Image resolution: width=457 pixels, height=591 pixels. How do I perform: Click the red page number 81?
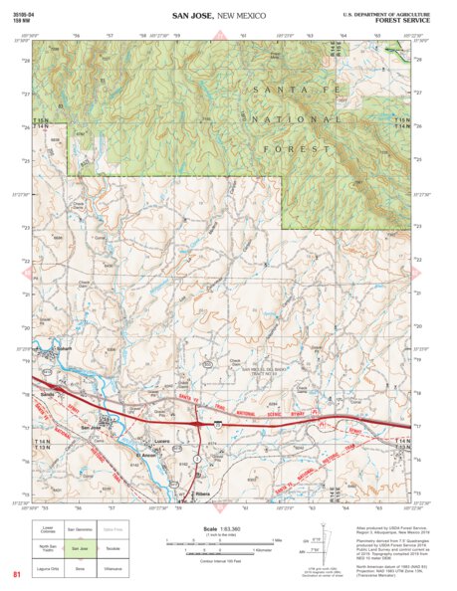pos(16,574)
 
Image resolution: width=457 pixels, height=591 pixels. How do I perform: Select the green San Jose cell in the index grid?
pos(81,548)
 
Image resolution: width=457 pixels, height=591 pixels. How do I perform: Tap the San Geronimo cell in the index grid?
pos(81,529)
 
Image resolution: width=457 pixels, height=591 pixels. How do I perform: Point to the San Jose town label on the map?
pos(92,429)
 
